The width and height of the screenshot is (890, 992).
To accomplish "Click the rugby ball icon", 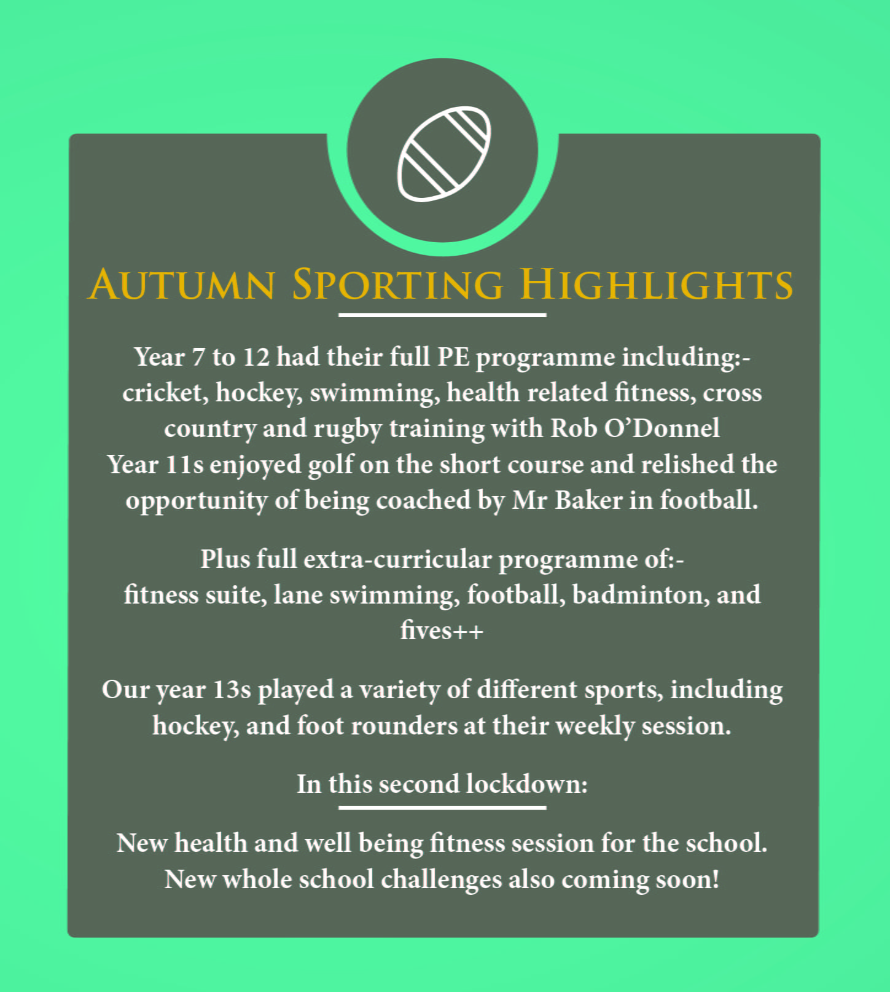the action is click(x=444, y=154).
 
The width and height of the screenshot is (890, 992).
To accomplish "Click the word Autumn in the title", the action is click(x=182, y=285).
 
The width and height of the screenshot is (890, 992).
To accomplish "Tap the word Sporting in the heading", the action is click(x=397, y=285).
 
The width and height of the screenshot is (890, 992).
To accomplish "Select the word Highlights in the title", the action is click(x=657, y=285).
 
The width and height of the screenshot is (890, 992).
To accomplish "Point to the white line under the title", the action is click(x=442, y=315).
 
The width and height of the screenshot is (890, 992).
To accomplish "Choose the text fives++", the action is click(x=442, y=631).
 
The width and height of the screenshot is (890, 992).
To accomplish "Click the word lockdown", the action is click(x=526, y=784).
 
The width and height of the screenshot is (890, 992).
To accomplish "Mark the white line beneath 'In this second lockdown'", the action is click(x=442, y=808).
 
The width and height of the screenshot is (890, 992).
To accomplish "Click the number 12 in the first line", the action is click(x=256, y=357).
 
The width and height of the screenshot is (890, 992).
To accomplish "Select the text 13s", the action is click(x=232, y=690).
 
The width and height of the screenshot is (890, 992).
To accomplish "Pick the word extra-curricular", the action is click(x=397, y=559).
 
